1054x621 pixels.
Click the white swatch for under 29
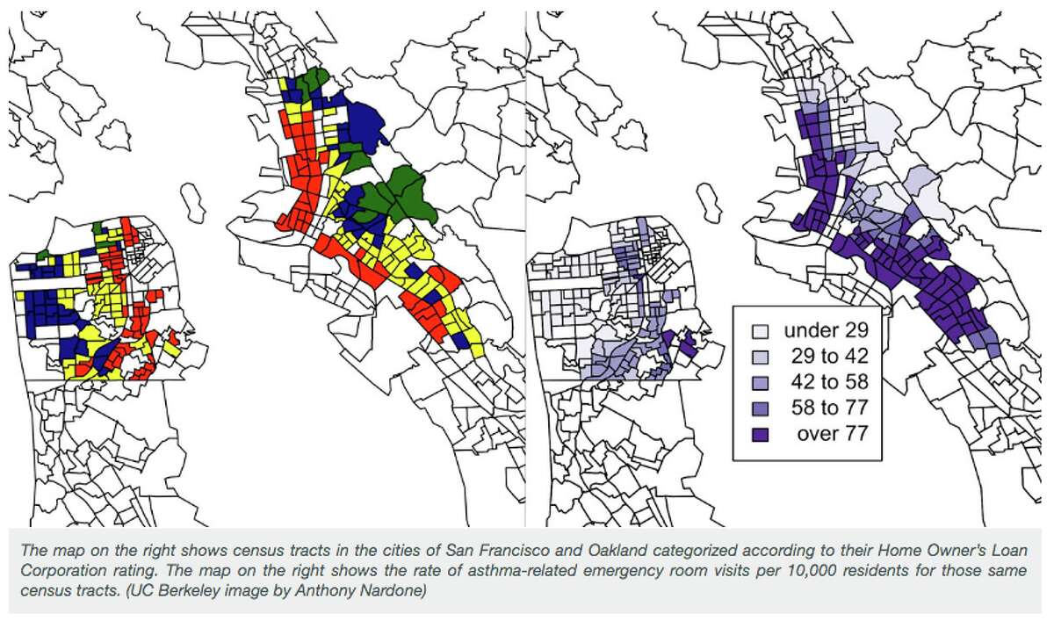click(x=761, y=331)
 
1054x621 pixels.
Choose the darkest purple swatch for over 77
click(x=761, y=433)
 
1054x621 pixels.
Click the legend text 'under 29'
click(x=826, y=331)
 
